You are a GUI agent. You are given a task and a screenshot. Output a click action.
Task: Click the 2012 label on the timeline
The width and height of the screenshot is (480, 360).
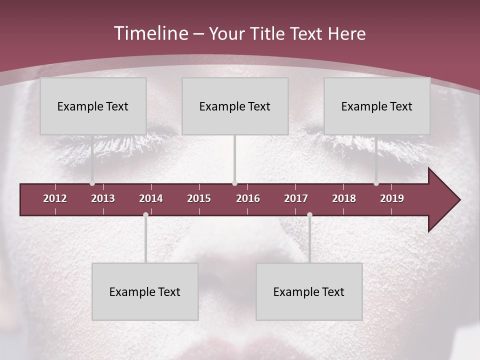(x=55, y=198)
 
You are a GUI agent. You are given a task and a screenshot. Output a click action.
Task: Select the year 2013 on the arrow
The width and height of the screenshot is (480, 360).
(x=103, y=198)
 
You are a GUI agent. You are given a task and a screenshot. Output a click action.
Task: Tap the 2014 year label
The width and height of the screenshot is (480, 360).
(x=151, y=198)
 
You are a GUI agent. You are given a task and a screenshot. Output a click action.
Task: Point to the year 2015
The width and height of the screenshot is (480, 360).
(x=199, y=198)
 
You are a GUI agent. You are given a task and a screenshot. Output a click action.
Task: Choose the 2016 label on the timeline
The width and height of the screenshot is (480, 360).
(x=248, y=198)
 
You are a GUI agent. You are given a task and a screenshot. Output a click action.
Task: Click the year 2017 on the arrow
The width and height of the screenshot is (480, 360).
(x=296, y=198)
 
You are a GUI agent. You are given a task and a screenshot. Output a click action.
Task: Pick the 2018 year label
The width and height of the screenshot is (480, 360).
(x=344, y=198)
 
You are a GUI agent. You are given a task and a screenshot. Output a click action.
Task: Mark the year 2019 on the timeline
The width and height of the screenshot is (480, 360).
(x=392, y=198)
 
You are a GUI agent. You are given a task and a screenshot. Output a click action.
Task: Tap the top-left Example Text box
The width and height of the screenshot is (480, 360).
(x=93, y=106)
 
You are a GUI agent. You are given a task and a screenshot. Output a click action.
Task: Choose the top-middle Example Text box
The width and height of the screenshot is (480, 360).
(x=235, y=106)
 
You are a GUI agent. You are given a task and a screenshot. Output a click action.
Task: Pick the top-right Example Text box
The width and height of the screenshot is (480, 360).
(x=377, y=106)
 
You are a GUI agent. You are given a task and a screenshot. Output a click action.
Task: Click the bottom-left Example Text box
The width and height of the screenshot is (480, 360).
(x=145, y=292)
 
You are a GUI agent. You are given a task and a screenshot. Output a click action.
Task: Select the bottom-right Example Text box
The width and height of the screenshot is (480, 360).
(x=309, y=292)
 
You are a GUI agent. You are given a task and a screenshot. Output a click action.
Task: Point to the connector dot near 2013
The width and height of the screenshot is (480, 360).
(x=92, y=183)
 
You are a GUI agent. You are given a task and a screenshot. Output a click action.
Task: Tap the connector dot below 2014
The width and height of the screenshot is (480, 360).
(x=145, y=214)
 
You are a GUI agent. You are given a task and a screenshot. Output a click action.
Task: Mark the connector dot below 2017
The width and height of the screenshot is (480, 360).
(x=309, y=214)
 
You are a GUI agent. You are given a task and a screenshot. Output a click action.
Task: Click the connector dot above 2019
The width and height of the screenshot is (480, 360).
(x=376, y=183)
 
